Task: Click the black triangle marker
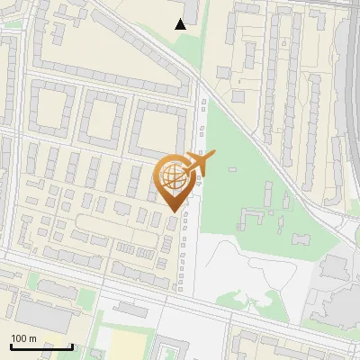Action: pyautogui.click(x=181, y=24)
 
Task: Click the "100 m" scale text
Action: pyautogui.click(x=23, y=338)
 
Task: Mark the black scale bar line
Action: pyautogui.click(x=41, y=346)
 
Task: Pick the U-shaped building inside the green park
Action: pyautogui.click(x=255, y=219)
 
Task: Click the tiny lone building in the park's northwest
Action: pyautogui.click(x=232, y=170)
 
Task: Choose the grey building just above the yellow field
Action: pyautogui.click(x=130, y=310)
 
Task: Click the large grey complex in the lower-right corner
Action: pyautogui.click(x=333, y=288)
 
